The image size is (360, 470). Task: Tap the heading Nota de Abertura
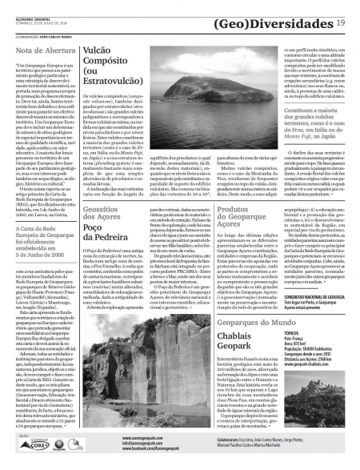(x=42, y=51)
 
